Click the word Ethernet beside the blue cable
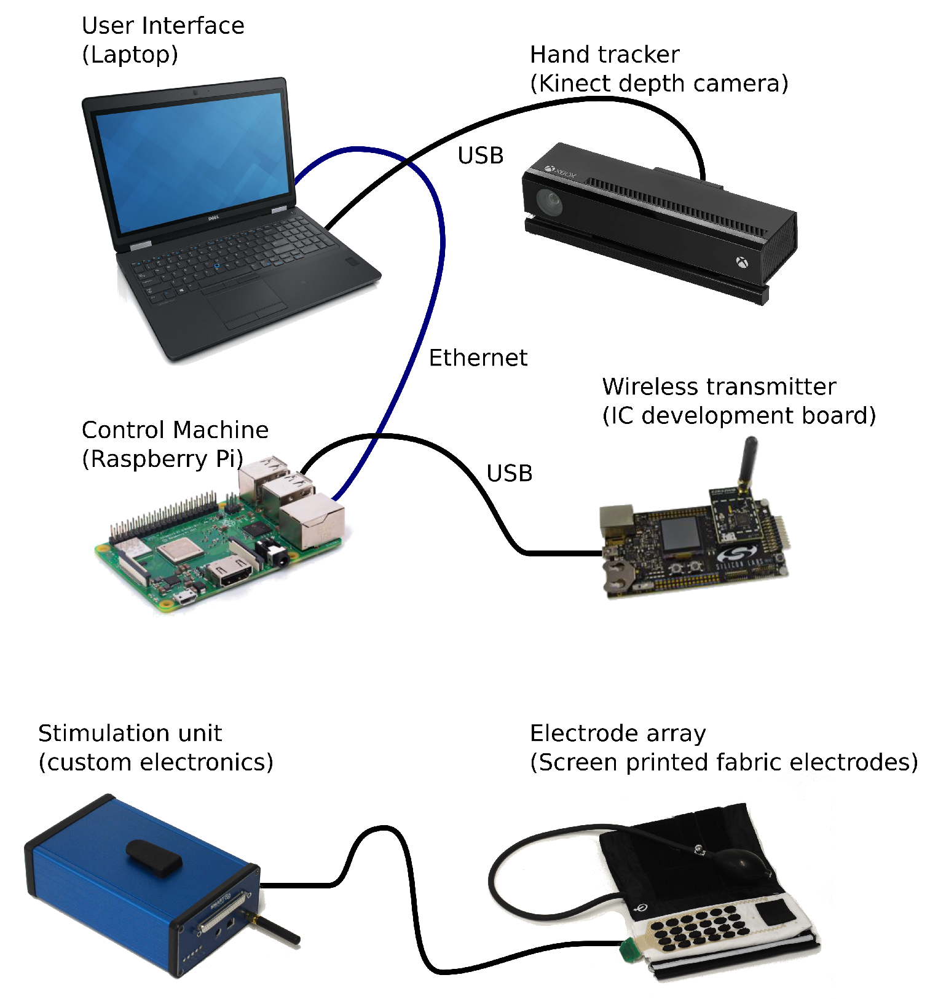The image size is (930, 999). (x=478, y=358)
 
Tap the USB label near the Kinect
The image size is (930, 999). (x=480, y=155)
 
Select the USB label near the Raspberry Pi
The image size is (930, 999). (x=509, y=473)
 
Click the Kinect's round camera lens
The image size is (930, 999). (x=548, y=202)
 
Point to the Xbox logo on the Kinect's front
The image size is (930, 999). (x=743, y=262)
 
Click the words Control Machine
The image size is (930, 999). (x=175, y=429)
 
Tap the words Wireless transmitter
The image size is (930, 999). (x=719, y=386)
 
